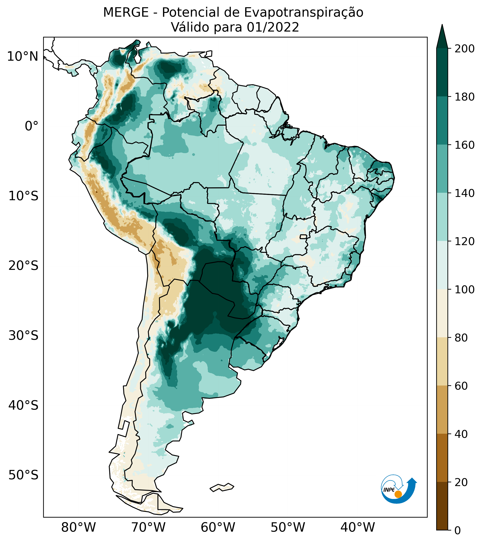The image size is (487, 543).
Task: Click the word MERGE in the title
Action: tap(126, 12)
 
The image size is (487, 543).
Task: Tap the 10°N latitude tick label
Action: tap(23, 57)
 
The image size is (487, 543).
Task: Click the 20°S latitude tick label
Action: tap(23, 266)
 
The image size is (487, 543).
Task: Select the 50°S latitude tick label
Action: tap(23, 475)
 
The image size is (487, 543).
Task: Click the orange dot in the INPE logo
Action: tap(398, 494)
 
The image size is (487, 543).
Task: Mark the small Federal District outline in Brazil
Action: tap(303, 237)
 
